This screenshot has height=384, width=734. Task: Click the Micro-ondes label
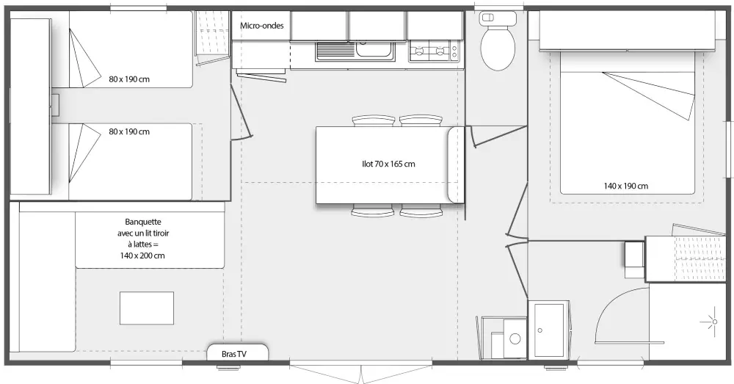262,26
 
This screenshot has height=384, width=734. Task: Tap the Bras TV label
233,354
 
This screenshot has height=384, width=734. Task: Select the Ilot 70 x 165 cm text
388,164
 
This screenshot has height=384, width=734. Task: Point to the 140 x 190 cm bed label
626,186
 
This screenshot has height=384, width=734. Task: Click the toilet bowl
498,48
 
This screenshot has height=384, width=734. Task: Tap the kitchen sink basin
374,49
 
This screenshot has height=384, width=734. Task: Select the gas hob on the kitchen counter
434,51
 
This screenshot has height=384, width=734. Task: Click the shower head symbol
714,322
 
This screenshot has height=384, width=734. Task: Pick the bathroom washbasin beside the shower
548,330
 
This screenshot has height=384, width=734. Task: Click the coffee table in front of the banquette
147,308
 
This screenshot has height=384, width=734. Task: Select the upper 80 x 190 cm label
129,79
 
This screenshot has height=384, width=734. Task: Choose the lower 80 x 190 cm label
129,131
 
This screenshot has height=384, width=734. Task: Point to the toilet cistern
498,18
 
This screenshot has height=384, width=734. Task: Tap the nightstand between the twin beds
55,105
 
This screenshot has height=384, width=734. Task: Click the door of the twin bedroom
241,112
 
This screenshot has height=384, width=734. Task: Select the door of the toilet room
496,137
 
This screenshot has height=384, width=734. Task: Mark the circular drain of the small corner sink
515,338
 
